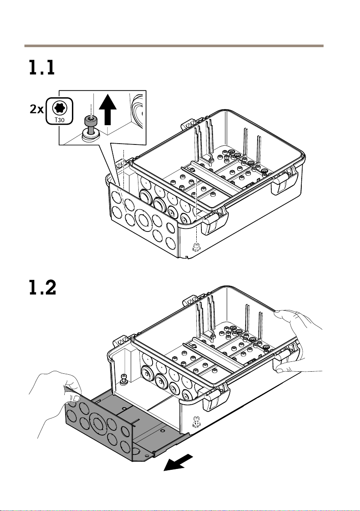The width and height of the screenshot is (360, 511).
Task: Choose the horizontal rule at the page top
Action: (x=174, y=45)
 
